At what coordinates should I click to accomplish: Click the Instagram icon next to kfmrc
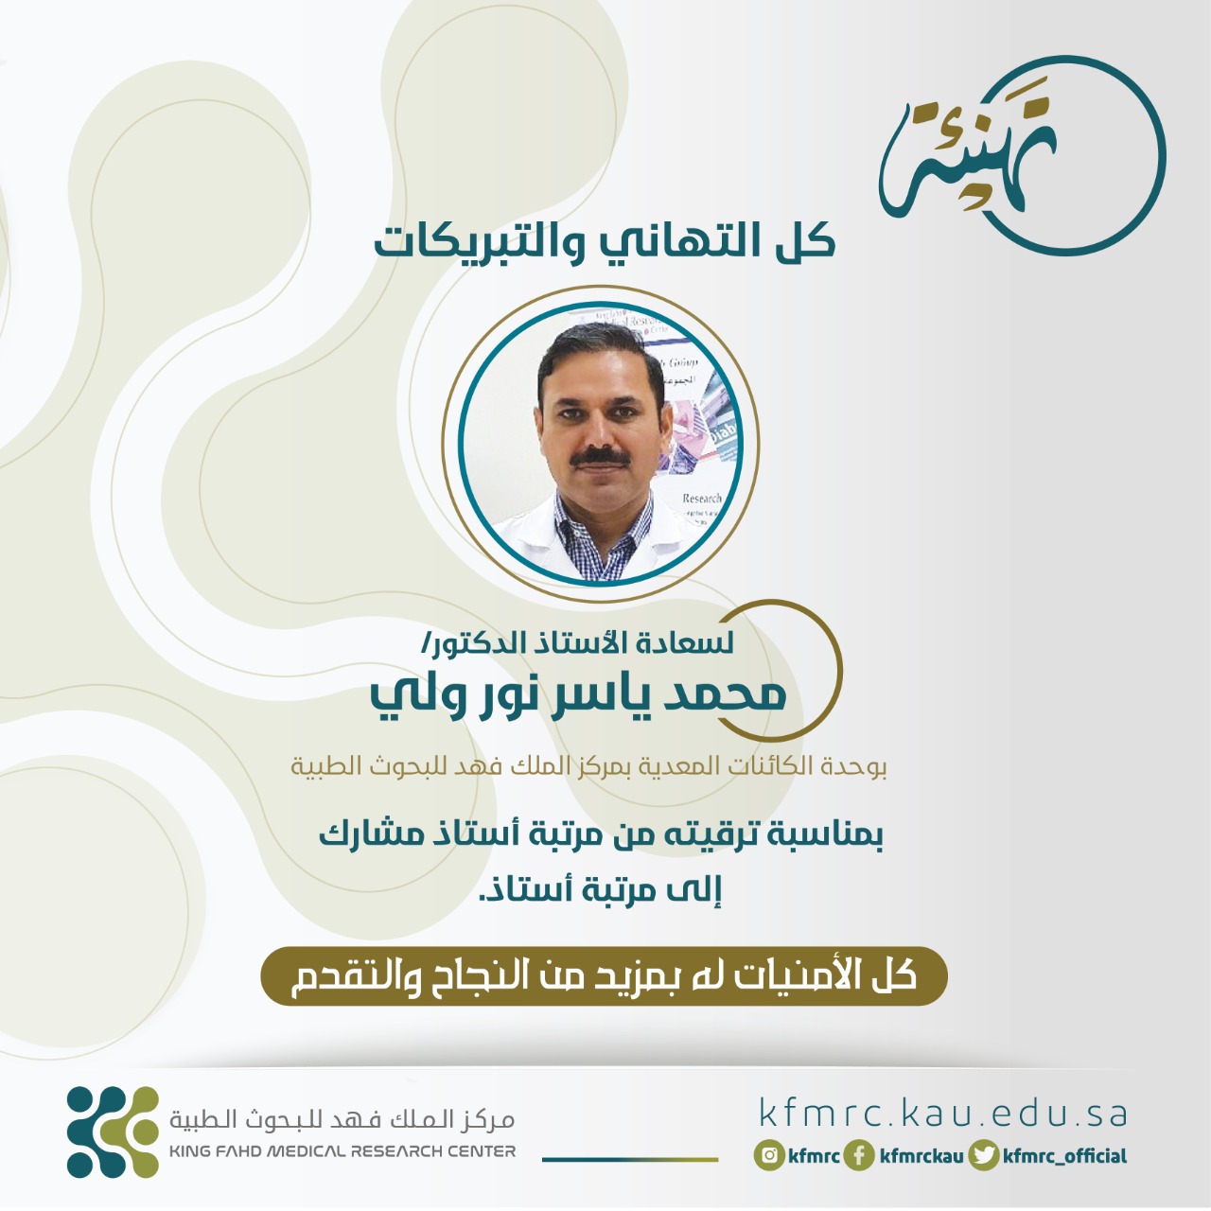coord(769,1156)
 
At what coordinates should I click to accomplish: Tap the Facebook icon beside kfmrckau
coord(859,1156)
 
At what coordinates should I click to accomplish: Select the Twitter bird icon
coord(984,1156)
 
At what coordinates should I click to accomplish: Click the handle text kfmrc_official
coord(1064,1156)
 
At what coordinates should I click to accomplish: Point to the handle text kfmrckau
coord(921,1156)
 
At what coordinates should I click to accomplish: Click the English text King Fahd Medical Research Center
coord(342,1151)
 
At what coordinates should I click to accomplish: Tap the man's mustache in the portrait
coord(601,457)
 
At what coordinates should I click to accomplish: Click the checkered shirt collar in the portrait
coord(604,535)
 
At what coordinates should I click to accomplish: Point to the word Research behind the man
coord(702,499)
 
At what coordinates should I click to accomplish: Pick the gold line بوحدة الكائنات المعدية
coord(588,766)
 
